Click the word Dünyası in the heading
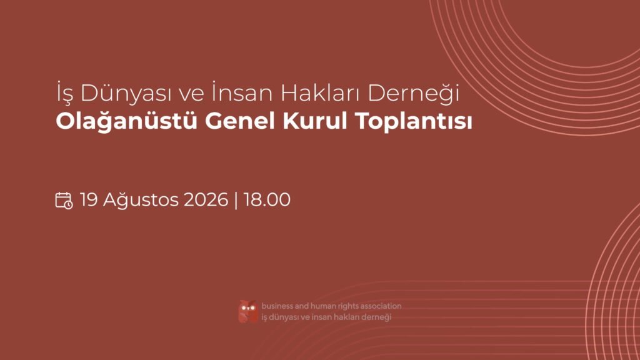pos(126,93)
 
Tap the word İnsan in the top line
pos(242,92)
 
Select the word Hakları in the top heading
pos(321,92)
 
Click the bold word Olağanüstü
pos(126,121)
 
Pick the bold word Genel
pos(239,121)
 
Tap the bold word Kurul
pos(315,121)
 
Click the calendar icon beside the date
pos(64,201)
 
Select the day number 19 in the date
pos(89,200)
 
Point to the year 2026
pos(206,200)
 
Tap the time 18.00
pos(267,200)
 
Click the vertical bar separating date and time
pos(236,200)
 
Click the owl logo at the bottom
pos(248,311)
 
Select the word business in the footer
pos(277,306)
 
